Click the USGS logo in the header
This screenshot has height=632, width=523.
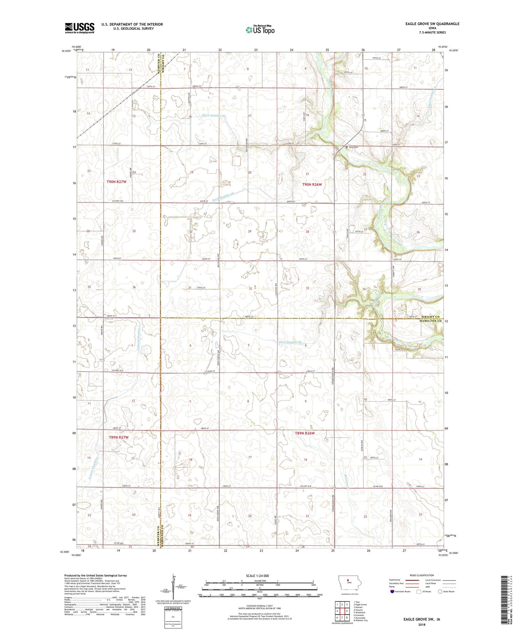[x=79, y=28]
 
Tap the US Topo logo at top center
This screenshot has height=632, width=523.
[x=260, y=30]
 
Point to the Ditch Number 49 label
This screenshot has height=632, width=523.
[x=214, y=116]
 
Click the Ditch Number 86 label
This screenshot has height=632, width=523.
[x=290, y=342]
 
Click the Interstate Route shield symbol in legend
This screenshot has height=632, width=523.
[x=392, y=592]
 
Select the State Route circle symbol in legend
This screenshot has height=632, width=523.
[x=440, y=592]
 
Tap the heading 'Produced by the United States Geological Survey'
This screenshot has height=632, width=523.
[x=95, y=576]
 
